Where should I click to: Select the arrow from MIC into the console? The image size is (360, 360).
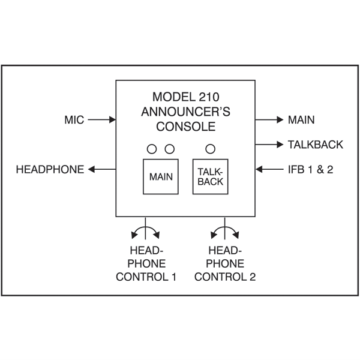(102, 120)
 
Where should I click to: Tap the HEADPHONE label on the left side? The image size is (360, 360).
(50, 170)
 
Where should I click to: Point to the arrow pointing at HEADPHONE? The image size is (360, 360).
(102, 170)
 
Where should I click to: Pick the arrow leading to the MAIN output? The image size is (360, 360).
(269, 120)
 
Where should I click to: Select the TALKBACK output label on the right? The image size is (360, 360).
(315, 145)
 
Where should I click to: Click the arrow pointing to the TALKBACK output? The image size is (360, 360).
(269, 145)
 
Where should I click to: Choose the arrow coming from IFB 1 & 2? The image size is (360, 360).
(269, 170)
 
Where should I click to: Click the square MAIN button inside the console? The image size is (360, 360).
(160, 177)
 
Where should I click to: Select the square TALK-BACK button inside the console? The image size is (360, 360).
(210, 177)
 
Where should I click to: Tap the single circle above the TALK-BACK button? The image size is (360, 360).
(210, 148)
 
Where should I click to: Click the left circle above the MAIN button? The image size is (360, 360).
(152, 148)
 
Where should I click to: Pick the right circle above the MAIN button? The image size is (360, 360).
(169, 148)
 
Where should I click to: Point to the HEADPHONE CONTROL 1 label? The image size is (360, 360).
(146, 264)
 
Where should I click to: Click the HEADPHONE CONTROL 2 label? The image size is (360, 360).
(224, 264)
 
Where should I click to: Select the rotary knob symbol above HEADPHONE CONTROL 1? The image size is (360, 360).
(146, 230)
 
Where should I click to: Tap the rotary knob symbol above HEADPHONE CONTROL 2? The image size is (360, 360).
(224, 230)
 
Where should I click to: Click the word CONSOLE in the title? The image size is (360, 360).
(185, 126)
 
